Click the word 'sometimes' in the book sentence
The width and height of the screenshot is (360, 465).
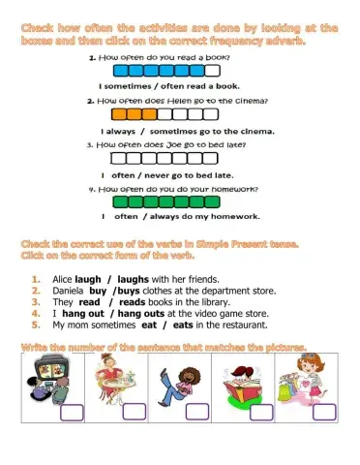coord(133,86)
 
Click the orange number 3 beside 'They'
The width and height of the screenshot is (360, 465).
coord(35,301)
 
